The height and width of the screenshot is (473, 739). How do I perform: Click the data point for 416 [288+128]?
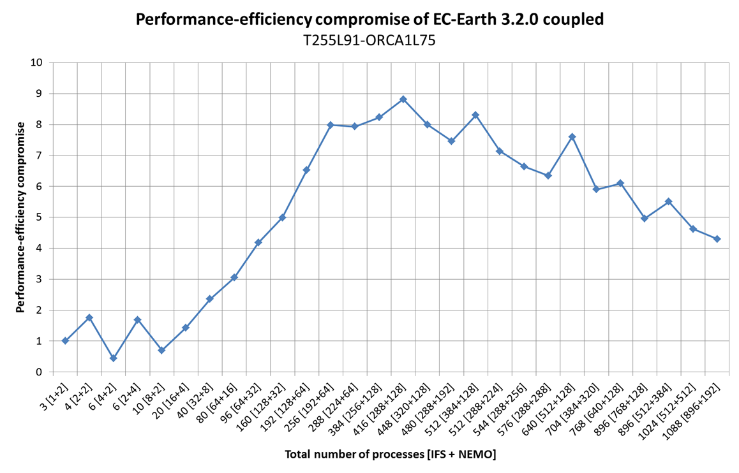tap(403, 99)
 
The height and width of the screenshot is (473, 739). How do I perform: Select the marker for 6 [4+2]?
tap(113, 358)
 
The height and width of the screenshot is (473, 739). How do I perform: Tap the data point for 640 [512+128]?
tap(572, 137)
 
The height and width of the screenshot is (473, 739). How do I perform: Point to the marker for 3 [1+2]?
tap(65, 341)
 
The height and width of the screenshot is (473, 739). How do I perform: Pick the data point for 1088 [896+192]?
tap(717, 239)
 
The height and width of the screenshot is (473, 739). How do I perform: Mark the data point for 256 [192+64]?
tap(331, 125)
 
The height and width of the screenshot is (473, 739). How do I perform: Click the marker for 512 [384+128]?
tap(475, 115)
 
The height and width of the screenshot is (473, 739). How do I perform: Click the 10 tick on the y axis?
tap(36, 62)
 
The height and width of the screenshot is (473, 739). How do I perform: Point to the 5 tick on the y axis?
tap(39, 217)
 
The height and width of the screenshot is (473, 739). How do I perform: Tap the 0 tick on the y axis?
tap(39, 372)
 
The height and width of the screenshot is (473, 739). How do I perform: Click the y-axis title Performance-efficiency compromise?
tap(20, 217)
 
